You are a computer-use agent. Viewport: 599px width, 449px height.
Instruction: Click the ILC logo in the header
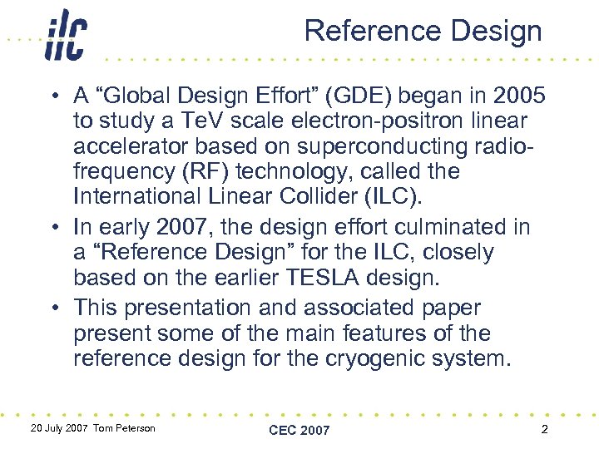click(x=65, y=36)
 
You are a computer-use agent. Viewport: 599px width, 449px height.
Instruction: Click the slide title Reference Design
click(x=423, y=32)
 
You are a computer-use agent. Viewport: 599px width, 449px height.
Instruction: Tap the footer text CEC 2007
click(x=299, y=430)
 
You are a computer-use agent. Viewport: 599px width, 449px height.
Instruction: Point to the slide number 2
click(x=543, y=429)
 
